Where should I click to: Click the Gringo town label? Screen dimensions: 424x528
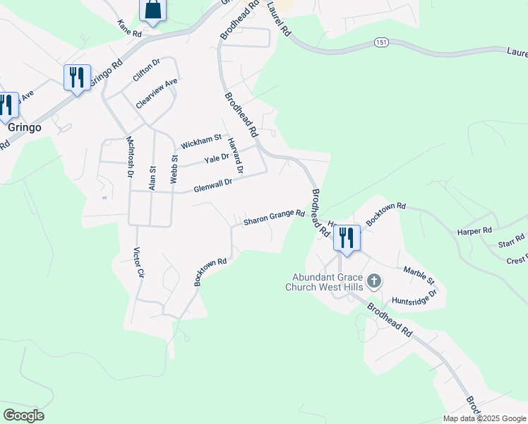click(25, 129)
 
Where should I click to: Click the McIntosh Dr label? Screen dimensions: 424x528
click(130, 155)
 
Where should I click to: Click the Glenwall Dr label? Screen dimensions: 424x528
click(213, 186)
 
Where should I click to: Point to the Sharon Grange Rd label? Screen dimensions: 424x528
click(274, 218)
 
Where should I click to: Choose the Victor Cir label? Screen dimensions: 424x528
click(138, 262)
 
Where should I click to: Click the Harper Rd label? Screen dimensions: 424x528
click(474, 231)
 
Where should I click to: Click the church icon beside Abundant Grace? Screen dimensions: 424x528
click(375, 282)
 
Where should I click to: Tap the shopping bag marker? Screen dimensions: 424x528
click(152, 10)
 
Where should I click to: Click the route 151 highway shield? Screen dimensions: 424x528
click(380, 44)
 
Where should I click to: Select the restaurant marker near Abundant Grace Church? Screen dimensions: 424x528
click(346, 237)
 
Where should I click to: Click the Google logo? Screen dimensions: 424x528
click(23, 416)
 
